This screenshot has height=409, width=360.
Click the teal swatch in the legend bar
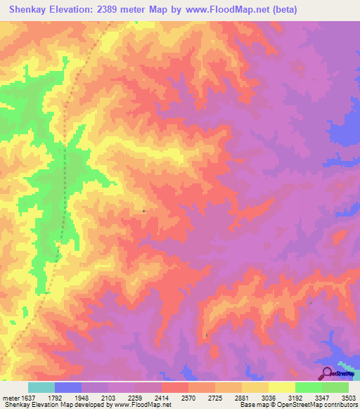click(41, 387)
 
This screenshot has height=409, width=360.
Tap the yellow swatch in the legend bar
click(281, 387)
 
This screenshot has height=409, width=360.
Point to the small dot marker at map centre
click(143, 210)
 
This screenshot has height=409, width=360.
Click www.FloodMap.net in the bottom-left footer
click(141, 405)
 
